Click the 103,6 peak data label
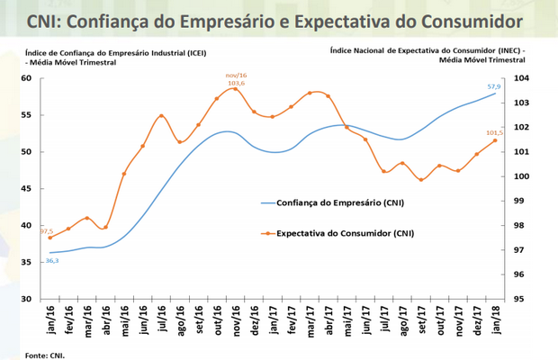point(236,82)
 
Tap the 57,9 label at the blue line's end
point(494,87)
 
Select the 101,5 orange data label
point(493,133)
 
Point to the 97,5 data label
point(47,230)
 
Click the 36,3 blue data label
point(52,260)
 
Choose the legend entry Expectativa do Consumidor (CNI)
point(346,233)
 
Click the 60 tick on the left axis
point(26,78)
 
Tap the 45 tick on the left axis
point(26,189)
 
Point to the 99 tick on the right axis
point(521,201)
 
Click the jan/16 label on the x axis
point(51,319)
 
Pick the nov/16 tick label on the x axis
point(236,319)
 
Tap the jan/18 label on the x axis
point(495,319)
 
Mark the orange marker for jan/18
point(496,140)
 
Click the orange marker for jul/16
point(161,116)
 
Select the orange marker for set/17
point(421,180)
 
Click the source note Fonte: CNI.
point(46,355)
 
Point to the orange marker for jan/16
point(50,238)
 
